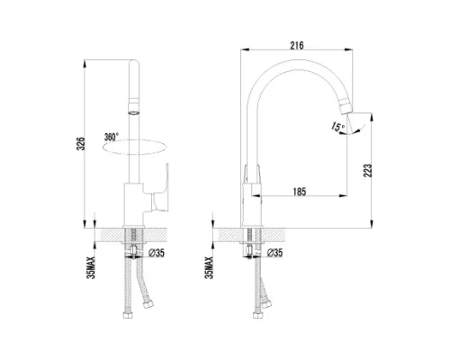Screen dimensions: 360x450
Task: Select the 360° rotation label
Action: point(112,136)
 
